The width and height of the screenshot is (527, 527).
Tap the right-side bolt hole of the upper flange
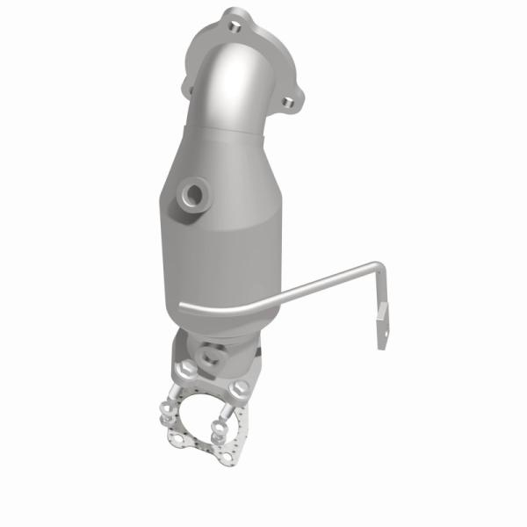click(x=286, y=104)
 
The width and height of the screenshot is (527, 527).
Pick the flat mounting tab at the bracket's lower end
click(x=381, y=321)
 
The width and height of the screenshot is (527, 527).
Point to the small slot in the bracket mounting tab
click(x=383, y=310)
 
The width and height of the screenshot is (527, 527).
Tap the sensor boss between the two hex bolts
click(x=212, y=357)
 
